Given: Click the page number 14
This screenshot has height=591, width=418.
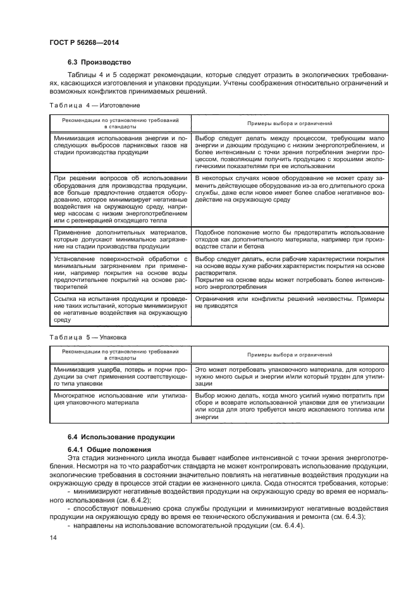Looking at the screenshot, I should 54,537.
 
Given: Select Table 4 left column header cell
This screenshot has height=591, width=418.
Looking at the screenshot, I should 120,123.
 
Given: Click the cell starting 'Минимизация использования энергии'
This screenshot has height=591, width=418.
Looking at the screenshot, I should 120,147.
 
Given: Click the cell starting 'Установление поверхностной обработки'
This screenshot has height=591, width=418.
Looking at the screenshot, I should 120,271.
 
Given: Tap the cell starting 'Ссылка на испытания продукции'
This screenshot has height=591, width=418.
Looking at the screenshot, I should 120,307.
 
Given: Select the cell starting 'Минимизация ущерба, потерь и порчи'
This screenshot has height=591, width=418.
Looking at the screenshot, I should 120,376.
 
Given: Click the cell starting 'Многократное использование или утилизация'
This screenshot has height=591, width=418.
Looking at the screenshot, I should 120,399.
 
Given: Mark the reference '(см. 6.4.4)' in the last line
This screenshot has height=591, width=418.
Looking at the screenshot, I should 271,525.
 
